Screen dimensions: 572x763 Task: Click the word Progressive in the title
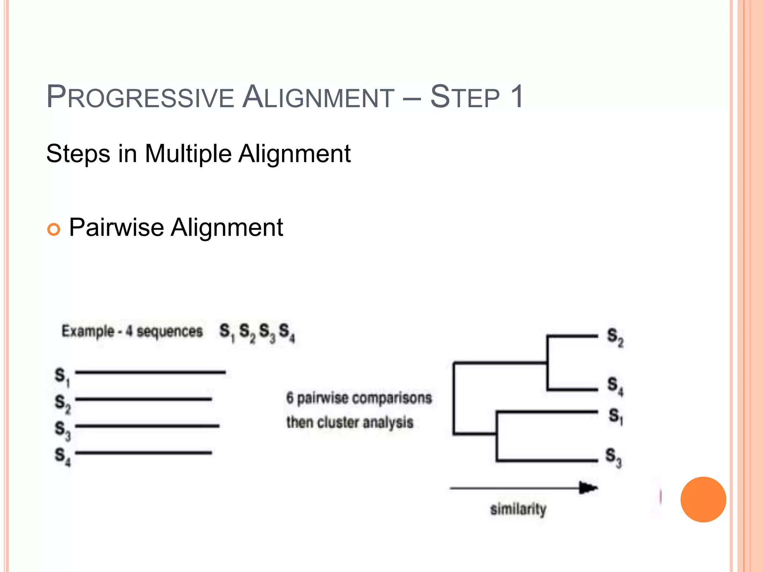click(x=140, y=98)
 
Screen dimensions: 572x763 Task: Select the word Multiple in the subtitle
click(x=188, y=154)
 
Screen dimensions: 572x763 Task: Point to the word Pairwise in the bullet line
click(x=116, y=228)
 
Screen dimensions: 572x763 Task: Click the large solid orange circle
click(x=703, y=499)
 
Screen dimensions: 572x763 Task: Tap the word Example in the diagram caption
click(x=88, y=331)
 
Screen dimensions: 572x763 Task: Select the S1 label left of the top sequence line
click(x=62, y=376)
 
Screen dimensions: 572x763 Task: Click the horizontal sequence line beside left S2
click(x=143, y=399)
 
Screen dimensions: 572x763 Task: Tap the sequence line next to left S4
click(x=143, y=453)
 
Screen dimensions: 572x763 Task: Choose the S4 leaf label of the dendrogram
click(x=615, y=385)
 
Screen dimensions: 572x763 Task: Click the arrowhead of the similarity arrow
click(x=588, y=488)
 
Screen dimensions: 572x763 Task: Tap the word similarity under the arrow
click(x=518, y=509)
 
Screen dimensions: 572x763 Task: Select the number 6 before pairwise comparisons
click(x=290, y=398)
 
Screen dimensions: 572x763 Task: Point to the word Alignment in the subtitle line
click(x=294, y=154)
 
